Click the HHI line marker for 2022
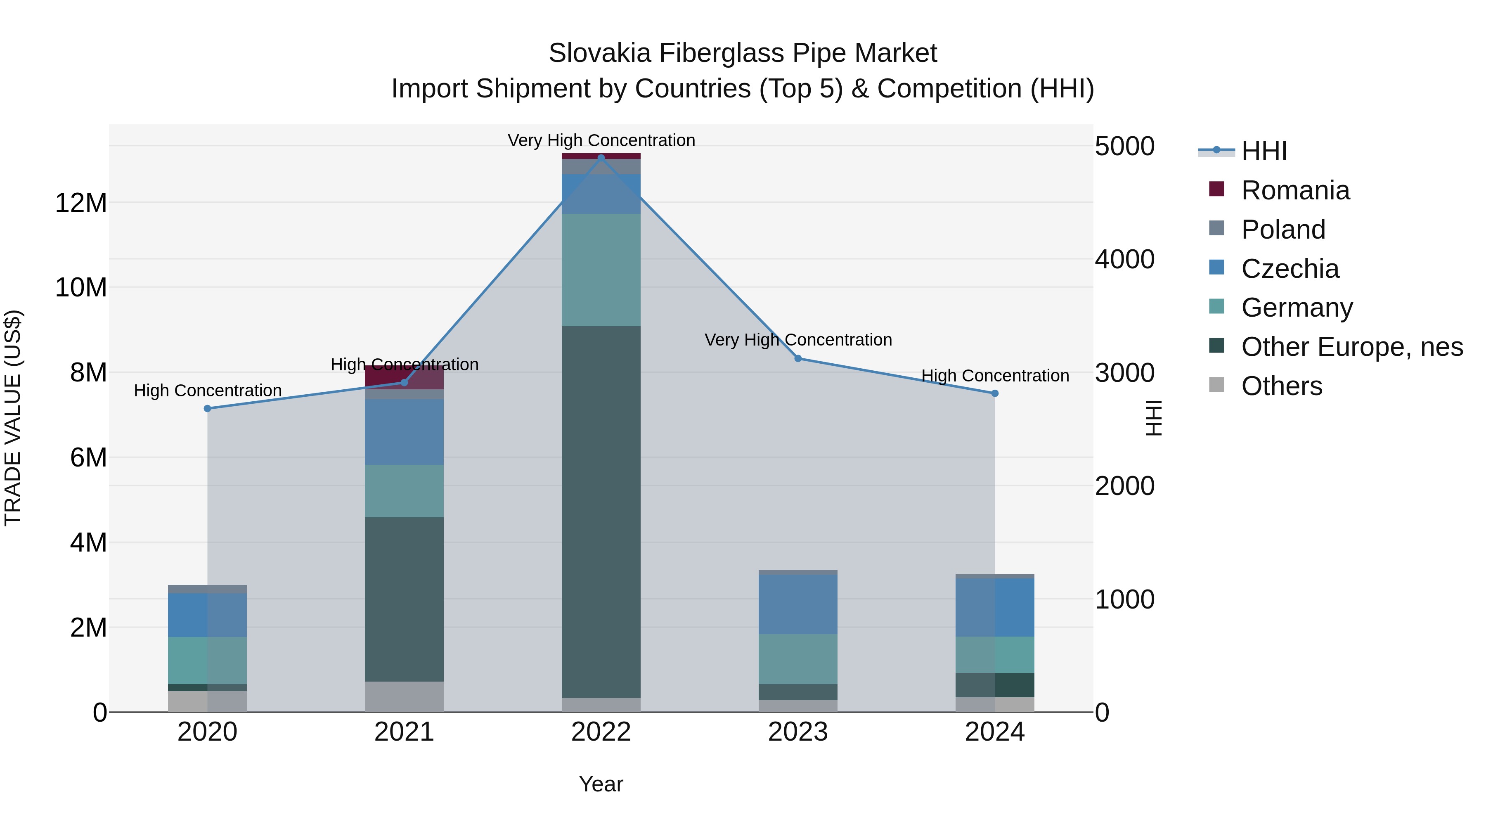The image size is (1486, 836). (x=601, y=158)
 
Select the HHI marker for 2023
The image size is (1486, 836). (x=798, y=358)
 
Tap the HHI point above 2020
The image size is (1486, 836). (x=208, y=408)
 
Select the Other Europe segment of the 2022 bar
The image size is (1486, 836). (x=601, y=512)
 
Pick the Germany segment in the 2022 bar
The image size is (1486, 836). (x=601, y=270)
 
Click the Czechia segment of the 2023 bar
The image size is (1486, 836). (x=798, y=604)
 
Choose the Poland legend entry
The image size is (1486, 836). (x=1283, y=230)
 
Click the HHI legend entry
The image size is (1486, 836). (x=1264, y=151)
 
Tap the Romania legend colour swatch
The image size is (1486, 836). (x=1216, y=189)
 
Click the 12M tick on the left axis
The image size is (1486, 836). (x=81, y=203)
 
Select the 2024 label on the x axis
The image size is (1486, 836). (x=994, y=732)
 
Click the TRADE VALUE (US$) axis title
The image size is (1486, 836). (x=13, y=418)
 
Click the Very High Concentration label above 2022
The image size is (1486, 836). (x=601, y=140)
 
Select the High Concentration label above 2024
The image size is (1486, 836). (x=994, y=376)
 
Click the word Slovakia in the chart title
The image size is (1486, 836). (x=599, y=53)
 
